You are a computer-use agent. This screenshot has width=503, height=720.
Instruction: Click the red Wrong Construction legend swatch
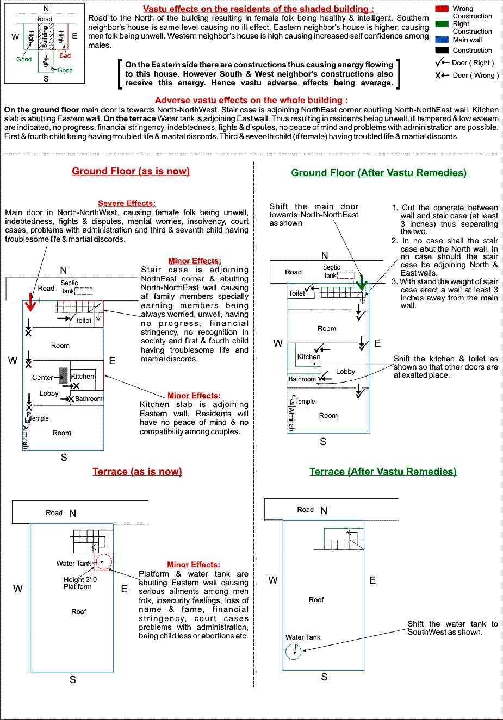click(x=442, y=9)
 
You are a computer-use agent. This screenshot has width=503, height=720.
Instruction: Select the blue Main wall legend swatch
click(x=442, y=40)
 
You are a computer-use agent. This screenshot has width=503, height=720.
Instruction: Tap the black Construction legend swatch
click(x=442, y=50)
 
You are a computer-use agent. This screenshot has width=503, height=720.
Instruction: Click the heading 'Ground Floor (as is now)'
click(x=131, y=171)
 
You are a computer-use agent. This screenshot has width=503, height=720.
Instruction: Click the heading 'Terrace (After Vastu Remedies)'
click(x=383, y=472)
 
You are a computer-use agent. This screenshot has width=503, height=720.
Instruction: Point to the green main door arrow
click(x=362, y=283)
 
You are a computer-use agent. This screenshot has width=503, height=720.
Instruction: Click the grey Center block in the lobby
click(x=63, y=375)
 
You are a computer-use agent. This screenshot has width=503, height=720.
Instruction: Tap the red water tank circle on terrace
click(x=103, y=562)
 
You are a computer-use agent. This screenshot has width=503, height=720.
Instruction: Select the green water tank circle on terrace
click(x=293, y=651)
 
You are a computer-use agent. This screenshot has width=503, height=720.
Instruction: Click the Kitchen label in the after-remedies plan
click(x=309, y=357)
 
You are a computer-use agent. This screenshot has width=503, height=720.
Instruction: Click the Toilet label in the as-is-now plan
click(x=83, y=321)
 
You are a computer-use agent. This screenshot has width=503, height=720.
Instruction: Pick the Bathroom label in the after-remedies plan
click(x=302, y=379)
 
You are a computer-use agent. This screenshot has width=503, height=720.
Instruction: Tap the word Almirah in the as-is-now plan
click(x=25, y=436)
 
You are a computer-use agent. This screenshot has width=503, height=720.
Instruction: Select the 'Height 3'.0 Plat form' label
click(x=80, y=583)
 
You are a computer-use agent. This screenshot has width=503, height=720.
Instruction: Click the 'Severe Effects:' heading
click(x=127, y=203)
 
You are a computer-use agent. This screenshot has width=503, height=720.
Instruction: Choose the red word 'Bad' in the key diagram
click(x=65, y=55)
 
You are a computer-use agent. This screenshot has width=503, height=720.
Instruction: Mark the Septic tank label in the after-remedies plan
click(x=331, y=271)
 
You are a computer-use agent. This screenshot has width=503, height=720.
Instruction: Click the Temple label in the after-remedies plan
click(x=305, y=402)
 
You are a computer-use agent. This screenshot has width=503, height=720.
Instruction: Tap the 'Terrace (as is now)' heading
click(x=137, y=472)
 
